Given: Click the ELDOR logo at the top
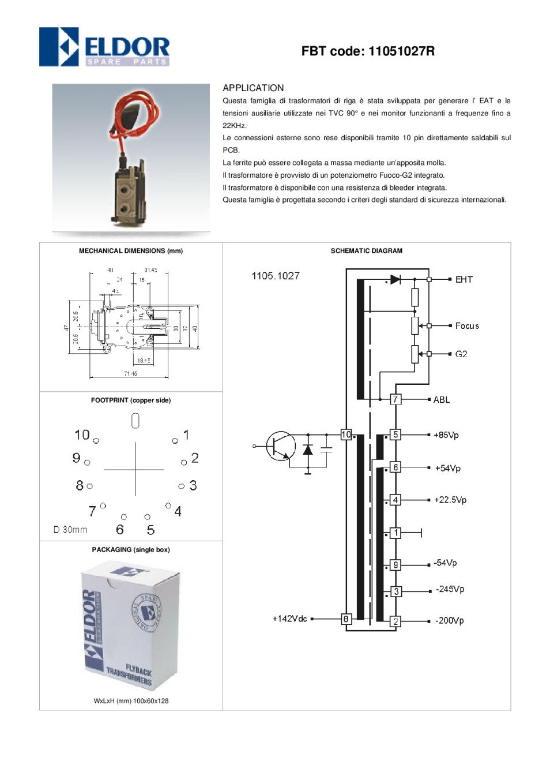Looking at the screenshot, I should pyautogui.click(x=104, y=47).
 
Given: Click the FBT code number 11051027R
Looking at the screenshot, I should pyautogui.click(x=401, y=51).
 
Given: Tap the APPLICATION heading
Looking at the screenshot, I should pyautogui.click(x=253, y=88).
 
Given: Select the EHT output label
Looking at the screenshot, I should pyautogui.click(x=464, y=279).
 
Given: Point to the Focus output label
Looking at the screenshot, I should pyautogui.click(x=467, y=326).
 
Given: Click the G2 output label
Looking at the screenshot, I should pyautogui.click(x=461, y=354).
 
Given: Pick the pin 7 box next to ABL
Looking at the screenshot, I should pyautogui.click(x=395, y=399).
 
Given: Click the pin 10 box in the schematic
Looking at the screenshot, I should pyautogui.click(x=346, y=435).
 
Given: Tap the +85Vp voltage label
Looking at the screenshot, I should pyautogui.click(x=446, y=435).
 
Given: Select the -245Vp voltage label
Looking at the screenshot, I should pyautogui.click(x=450, y=589).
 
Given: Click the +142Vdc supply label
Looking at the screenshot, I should pyautogui.click(x=289, y=619).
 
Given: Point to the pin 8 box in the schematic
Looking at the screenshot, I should pyautogui.click(x=346, y=619).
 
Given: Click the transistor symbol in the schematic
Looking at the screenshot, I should pyautogui.click(x=281, y=446).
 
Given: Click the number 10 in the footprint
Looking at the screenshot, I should pyautogui.click(x=82, y=435).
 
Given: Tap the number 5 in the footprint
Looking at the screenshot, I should pyautogui.click(x=150, y=530).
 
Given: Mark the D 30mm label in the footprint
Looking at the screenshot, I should pyautogui.click(x=70, y=530).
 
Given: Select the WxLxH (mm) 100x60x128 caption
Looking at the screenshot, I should pyautogui.click(x=131, y=701).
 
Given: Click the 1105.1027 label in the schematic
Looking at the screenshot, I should pyautogui.click(x=276, y=276).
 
